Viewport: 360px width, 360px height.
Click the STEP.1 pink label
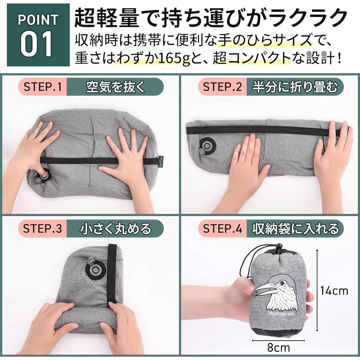tap(42, 87)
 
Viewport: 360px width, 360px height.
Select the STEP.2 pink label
tap(222, 87)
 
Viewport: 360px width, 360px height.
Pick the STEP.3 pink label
tap(42, 229)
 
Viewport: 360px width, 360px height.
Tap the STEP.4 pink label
tap(222, 229)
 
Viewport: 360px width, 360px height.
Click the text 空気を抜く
tap(115, 87)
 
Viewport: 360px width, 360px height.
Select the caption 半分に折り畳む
tap(295, 87)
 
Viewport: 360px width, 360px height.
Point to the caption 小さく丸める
tap(115, 229)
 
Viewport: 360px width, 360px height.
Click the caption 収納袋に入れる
tap(295, 229)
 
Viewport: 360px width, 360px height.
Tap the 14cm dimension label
tap(334, 290)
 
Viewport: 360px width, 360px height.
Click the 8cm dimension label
tap(279, 348)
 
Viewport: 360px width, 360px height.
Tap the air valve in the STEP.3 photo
tap(95, 269)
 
